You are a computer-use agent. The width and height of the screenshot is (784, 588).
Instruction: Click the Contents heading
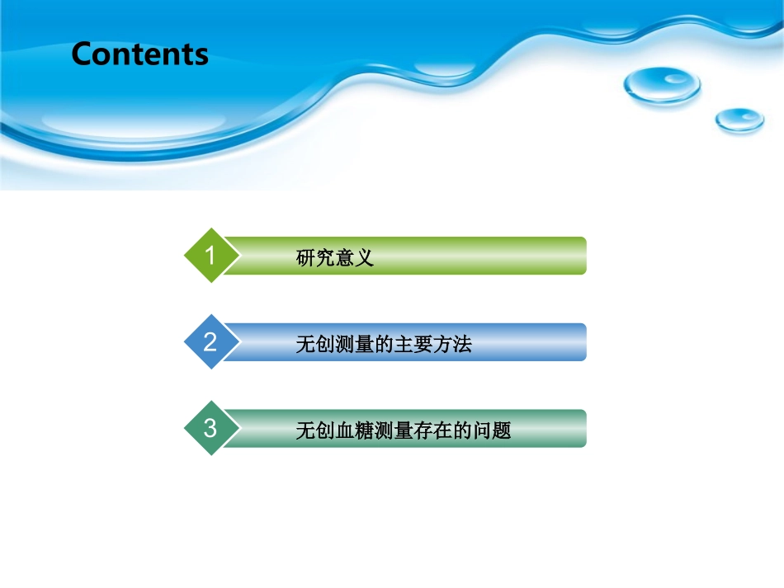tap(139, 54)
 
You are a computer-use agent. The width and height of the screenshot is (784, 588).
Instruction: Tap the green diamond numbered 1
tap(211, 256)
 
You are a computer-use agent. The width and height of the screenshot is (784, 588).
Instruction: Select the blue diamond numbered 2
tap(211, 341)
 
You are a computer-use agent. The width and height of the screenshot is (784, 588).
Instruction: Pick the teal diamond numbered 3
tap(211, 428)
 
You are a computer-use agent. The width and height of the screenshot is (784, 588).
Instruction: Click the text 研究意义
tap(335, 258)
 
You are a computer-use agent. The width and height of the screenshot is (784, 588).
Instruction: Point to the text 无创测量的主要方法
tap(384, 344)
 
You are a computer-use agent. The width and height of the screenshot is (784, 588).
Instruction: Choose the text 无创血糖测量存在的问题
tap(404, 430)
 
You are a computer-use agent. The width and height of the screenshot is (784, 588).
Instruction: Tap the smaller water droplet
tap(739, 120)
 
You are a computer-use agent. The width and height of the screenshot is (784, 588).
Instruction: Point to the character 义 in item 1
tap(365, 258)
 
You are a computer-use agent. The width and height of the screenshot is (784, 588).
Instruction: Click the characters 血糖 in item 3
tap(355, 430)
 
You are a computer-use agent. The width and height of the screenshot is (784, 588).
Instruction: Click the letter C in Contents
tap(83, 54)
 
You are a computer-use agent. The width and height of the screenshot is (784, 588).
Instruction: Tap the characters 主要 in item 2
tap(413, 344)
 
